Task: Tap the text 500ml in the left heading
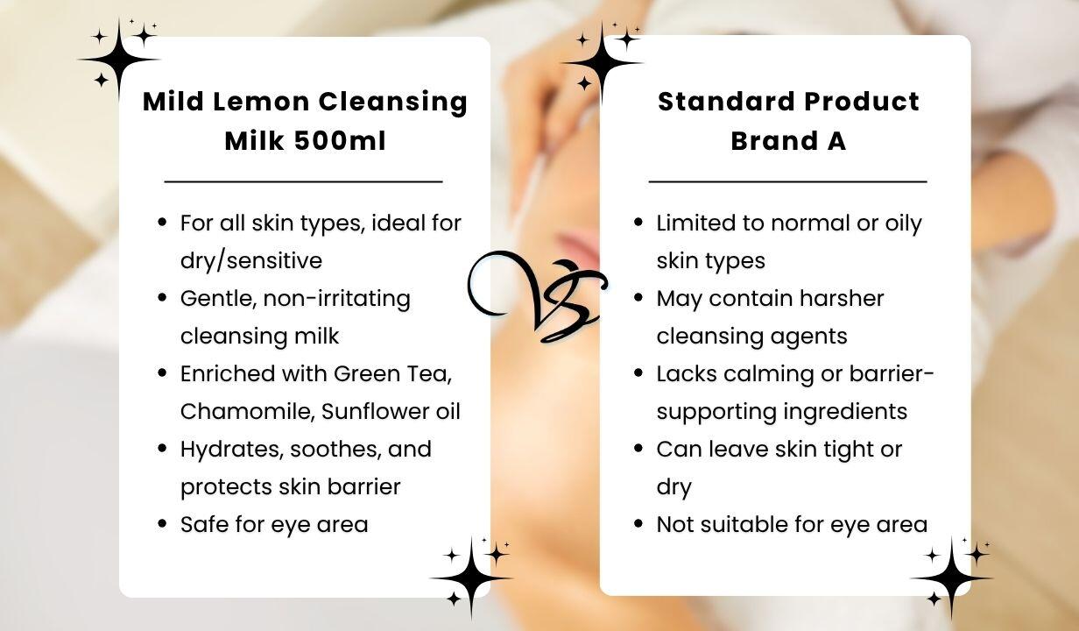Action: point(340,141)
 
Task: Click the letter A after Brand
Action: point(836,141)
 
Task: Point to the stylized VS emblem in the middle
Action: point(537,295)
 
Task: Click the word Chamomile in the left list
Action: point(248,411)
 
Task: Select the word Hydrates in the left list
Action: point(232,450)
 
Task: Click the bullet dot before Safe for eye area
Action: point(162,523)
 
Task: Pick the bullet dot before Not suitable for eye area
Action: point(638,523)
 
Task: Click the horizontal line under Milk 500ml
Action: point(303,181)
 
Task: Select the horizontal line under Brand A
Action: point(787,181)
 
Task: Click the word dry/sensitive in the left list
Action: point(251,261)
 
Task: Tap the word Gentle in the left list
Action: point(219,298)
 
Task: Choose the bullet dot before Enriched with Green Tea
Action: point(162,372)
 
